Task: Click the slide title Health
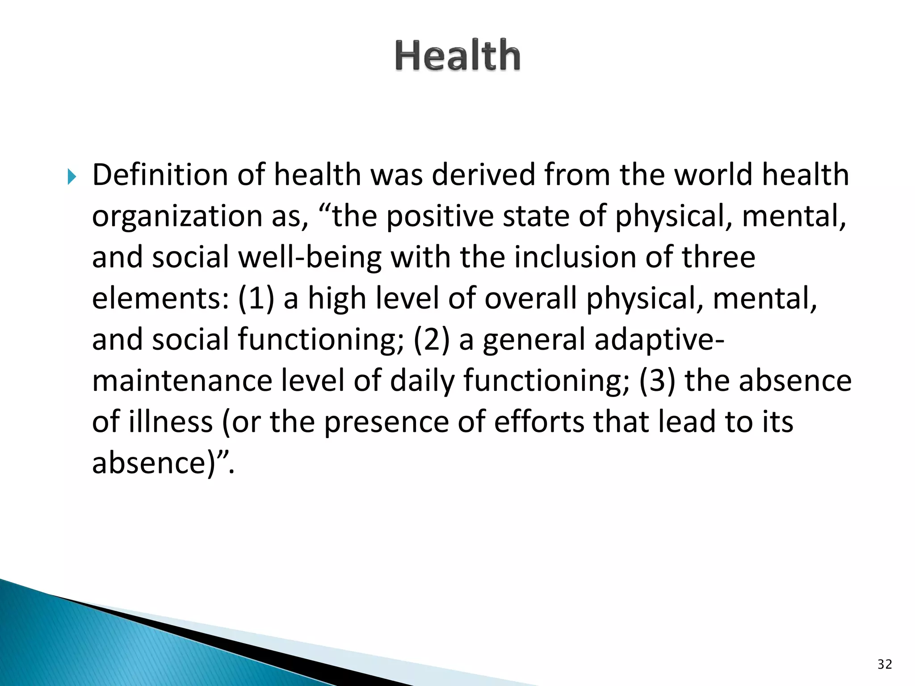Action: [457, 55]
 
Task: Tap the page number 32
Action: [885, 664]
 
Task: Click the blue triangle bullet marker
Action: [72, 177]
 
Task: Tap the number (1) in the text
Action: [256, 298]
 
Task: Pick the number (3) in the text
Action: [657, 381]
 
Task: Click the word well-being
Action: [310, 258]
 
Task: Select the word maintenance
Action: [182, 381]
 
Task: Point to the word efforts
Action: [538, 422]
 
